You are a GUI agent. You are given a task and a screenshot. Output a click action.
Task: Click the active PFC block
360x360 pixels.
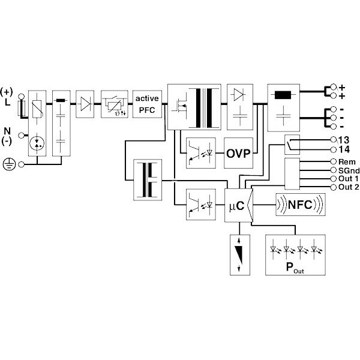[x=147, y=104]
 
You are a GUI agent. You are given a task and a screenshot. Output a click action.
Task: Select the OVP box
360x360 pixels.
[x=239, y=153]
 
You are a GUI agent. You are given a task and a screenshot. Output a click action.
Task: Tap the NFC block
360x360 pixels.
[x=301, y=205]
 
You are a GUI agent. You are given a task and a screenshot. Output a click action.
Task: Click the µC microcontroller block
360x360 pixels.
[x=239, y=205]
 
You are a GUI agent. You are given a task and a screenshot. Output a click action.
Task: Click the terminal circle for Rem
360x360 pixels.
[x=334, y=161]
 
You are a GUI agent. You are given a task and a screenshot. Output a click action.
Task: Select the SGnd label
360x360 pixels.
[x=349, y=170]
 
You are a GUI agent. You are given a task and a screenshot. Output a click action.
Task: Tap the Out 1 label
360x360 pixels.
[x=348, y=179]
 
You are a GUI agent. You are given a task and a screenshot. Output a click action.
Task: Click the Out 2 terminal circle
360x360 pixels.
[x=334, y=187]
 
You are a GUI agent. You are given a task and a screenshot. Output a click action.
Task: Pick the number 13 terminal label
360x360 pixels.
[x=344, y=140]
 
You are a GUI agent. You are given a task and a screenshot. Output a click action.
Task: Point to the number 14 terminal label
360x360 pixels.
[x=344, y=149]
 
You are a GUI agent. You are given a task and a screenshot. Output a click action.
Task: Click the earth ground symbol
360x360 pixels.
[x=10, y=164]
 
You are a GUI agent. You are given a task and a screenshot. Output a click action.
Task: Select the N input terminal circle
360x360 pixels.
[x=22, y=136]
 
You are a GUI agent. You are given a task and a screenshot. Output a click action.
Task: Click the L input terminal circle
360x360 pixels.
[x=22, y=97]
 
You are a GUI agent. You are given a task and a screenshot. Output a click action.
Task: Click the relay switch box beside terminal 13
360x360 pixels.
[x=292, y=145]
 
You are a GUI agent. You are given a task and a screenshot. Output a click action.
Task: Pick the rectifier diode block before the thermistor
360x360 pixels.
[x=85, y=104]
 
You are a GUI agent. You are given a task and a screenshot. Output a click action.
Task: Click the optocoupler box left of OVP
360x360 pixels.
[x=201, y=153]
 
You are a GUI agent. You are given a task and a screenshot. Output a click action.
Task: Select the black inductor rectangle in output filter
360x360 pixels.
[x=283, y=95]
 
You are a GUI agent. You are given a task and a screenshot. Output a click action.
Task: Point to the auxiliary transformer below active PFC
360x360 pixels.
[x=148, y=180]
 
